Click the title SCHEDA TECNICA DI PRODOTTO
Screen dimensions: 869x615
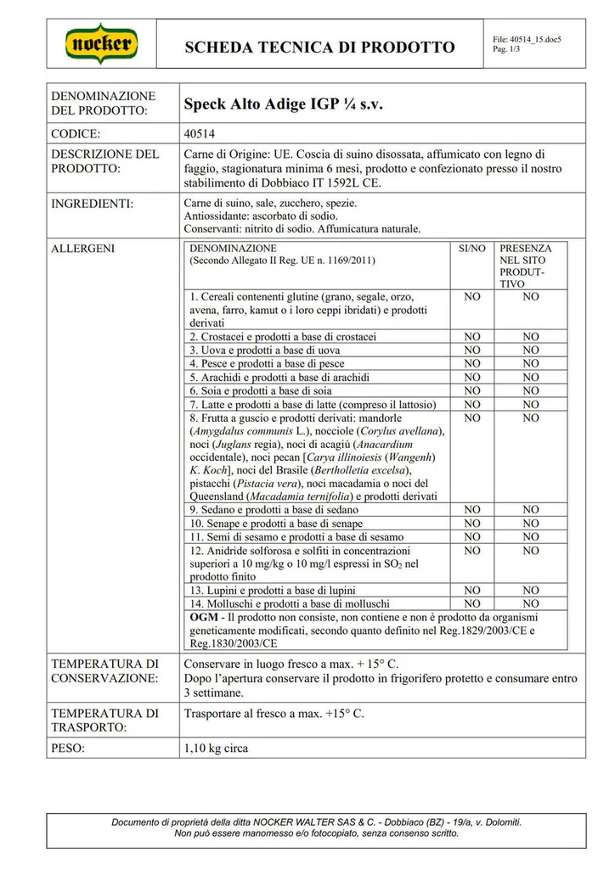pyautogui.click(x=319, y=48)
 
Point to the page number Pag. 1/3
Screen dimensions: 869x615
pyautogui.click(x=508, y=49)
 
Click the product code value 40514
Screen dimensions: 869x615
pyautogui.click(x=200, y=134)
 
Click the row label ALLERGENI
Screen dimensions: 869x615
pyautogui.click(x=83, y=249)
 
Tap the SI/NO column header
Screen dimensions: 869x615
pyautogui.click(x=472, y=249)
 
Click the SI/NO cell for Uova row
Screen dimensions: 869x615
pyautogui.click(x=472, y=350)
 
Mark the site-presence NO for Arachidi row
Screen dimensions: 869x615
pyautogui.click(x=530, y=377)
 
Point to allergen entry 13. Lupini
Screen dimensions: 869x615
pyautogui.click(x=273, y=591)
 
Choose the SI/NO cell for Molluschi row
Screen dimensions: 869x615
pyautogui.click(x=472, y=604)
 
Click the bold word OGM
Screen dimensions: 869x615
pyautogui.click(x=204, y=617)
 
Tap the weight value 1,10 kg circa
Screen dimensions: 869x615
pyautogui.click(x=216, y=749)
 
